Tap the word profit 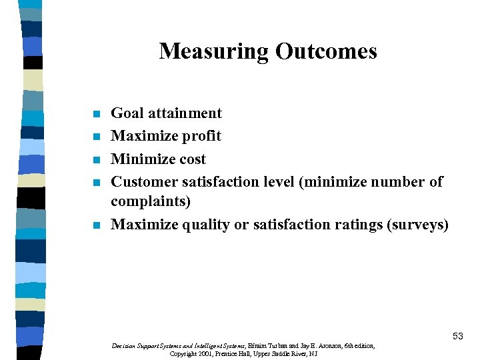200,137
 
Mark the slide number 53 457,337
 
